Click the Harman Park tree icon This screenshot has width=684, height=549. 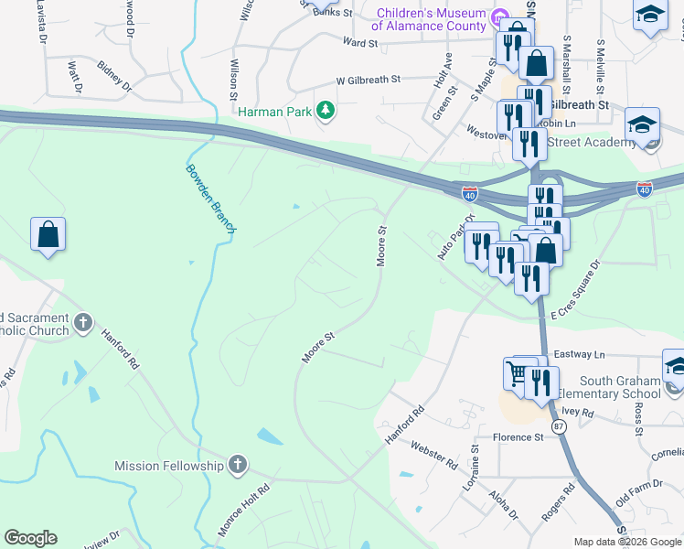pyautogui.click(x=325, y=111)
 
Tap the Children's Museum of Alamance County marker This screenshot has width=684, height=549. pyautogui.click(x=499, y=18)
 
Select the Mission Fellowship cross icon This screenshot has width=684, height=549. pyautogui.click(x=238, y=465)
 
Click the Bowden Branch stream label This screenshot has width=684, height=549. pyautogui.click(x=210, y=199)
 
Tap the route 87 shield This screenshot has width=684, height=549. pyautogui.click(x=558, y=427)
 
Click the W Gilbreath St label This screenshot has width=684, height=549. pyautogui.click(x=369, y=81)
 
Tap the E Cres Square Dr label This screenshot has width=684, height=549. pyautogui.click(x=572, y=290)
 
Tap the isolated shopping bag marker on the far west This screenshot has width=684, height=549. pyautogui.click(x=48, y=235)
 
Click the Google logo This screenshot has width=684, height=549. pyautogui.click(x=30, y=538)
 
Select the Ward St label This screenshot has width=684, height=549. pyautogui.click(x=360, y=43)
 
